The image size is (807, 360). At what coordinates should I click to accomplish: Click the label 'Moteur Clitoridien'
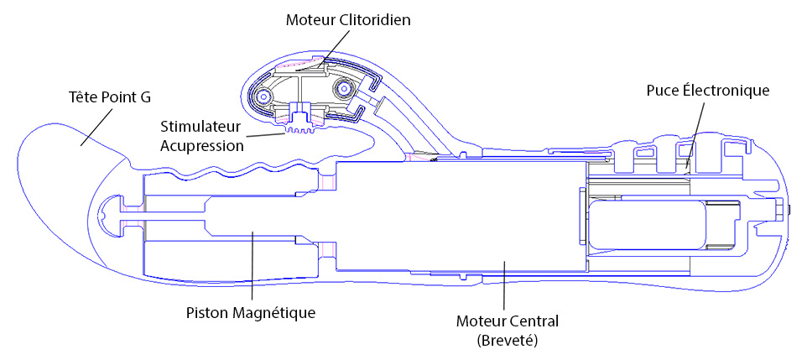coord(348,21)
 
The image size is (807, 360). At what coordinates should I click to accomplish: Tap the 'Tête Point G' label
coord(110,97)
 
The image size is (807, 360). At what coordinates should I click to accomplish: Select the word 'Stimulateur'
coord(195,127)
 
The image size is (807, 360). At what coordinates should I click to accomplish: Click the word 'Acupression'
coord(201,146)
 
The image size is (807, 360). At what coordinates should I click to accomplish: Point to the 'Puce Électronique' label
coord(708,91)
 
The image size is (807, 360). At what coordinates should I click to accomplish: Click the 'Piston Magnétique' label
coord(250,313)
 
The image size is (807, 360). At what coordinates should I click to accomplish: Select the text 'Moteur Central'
coord(508,322)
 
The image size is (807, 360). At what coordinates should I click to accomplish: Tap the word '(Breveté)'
coord(508,341)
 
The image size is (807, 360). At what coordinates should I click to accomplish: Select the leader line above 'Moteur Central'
coord(504,286)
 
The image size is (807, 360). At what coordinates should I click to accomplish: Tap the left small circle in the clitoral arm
coord(265,96)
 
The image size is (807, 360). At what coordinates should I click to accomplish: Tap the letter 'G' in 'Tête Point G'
coord(146,97)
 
